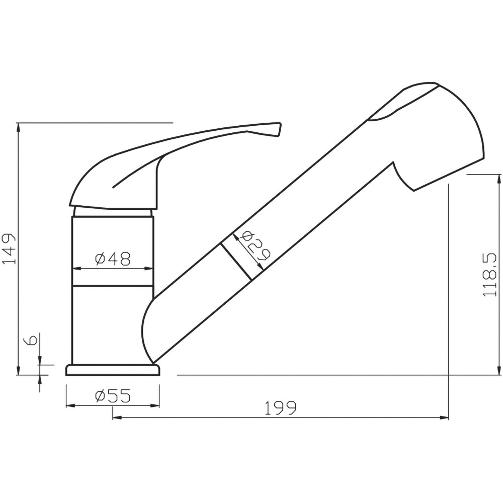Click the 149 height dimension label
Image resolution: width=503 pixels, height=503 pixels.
tap(9, 249)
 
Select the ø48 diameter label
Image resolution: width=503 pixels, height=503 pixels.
tap(113, 259)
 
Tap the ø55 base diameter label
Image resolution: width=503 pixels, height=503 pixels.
tap(113, 396)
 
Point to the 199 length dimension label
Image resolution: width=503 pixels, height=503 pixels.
tap(281, 408)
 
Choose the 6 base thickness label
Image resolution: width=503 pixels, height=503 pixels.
tap(32, 340)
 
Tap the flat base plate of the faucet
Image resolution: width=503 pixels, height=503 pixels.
tap(113, 370)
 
